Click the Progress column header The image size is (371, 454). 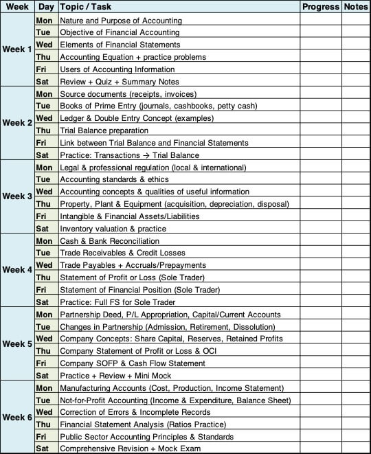point(321,7)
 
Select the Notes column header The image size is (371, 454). point(356,7)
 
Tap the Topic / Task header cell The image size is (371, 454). point(179,7)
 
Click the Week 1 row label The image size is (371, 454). point(17,49)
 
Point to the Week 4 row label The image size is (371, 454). point(17,270)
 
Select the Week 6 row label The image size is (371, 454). point(17,418)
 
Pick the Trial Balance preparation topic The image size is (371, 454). point(104,130)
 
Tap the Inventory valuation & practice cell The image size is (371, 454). point(113,229)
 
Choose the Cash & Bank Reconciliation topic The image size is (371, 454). point(109,241)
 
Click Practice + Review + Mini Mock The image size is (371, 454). point(115,376)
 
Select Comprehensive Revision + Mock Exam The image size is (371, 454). point(131,449)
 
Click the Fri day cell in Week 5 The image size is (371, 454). point(42,363)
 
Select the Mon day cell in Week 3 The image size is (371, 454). point(43,168)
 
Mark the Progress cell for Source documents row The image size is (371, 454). point(321,94)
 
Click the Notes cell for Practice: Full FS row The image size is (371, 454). point(356,302)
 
